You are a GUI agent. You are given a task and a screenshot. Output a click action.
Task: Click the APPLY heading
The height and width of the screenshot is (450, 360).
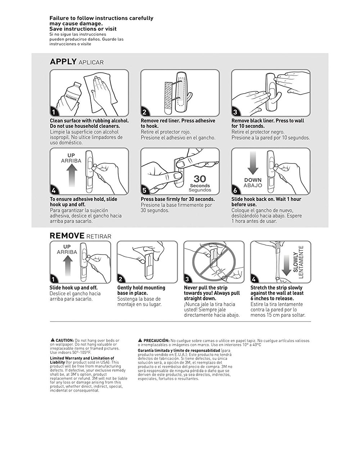(x=63, y=62)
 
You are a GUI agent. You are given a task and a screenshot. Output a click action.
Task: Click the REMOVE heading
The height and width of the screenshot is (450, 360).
(x=67, y=236)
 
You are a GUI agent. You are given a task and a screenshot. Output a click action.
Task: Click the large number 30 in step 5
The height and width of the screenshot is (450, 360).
(x=200, y=179)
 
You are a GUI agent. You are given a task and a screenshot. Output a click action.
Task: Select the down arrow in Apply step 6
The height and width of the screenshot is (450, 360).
(x=253, y=163)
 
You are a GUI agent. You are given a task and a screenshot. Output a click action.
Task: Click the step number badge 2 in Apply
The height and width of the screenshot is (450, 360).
(x=144, y=112)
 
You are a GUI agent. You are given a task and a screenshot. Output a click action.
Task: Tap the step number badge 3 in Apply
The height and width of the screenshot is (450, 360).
(x=235, y=112)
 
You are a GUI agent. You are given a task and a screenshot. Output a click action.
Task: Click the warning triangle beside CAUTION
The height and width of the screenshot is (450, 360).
(x=53, y=340)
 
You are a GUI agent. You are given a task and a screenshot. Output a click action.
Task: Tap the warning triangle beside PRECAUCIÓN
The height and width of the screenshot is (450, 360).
(x=140, y=340)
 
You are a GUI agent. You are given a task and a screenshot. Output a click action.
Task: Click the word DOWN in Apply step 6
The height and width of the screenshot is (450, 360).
(x=253, y=180)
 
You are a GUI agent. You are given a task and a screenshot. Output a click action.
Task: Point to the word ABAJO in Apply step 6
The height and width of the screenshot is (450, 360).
(x=253, y=185)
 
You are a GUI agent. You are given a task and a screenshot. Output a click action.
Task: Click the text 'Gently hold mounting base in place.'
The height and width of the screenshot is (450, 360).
(x=141, y=290)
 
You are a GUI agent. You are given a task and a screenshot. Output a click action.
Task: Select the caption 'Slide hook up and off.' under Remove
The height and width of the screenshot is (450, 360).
(x=73, y=288)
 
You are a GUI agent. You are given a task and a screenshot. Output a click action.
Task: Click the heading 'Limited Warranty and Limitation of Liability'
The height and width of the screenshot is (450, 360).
(x=81, y=360)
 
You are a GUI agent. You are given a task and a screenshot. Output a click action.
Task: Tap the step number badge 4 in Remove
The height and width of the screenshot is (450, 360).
(x=254, y=279)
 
